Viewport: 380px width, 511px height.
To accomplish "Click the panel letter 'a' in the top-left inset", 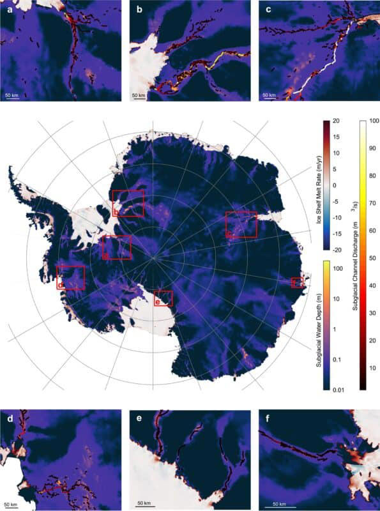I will coord(8,9).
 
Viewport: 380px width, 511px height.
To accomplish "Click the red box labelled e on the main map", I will coord(163,298).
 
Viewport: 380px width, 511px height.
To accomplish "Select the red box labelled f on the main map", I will coord(297,282).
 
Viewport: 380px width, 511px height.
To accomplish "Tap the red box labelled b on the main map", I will coord(128,203).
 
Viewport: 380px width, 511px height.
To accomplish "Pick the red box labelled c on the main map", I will coord(241,225).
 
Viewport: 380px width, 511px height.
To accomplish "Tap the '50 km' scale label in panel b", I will coord(139,95).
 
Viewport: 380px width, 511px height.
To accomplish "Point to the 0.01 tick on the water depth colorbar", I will coord(337,386).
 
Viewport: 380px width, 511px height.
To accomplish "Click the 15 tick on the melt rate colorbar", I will coord(335,137).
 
